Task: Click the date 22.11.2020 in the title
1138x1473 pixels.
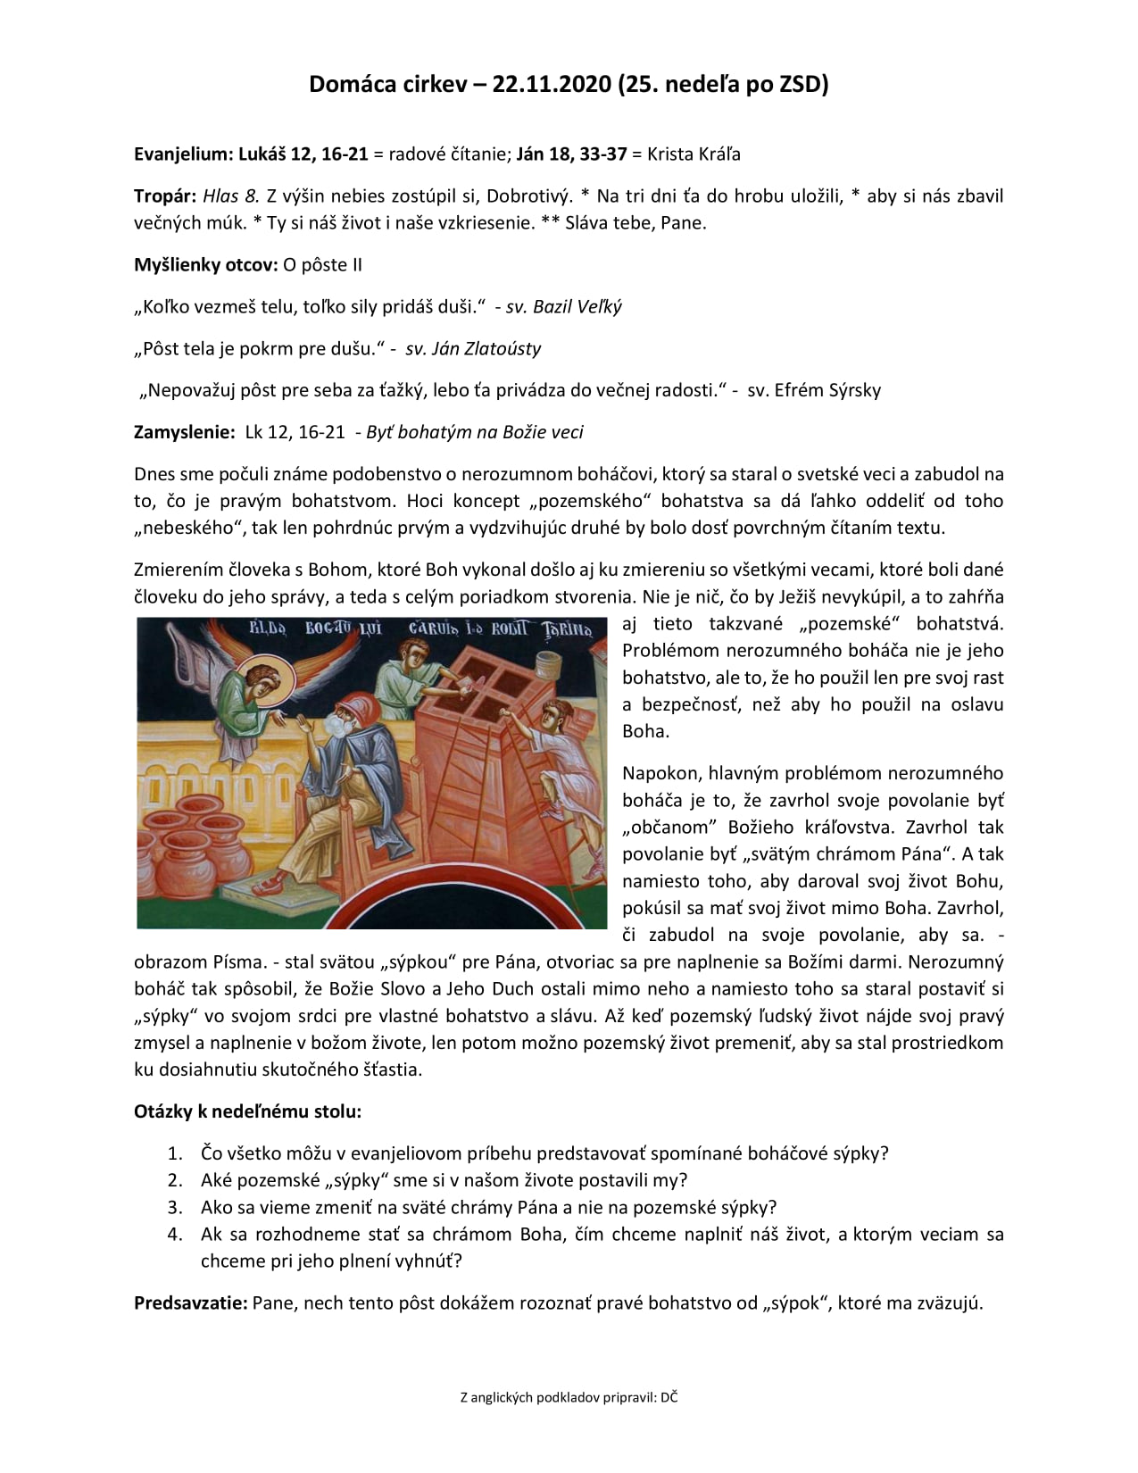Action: (552, 84)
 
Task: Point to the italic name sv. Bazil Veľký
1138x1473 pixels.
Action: (563, 306)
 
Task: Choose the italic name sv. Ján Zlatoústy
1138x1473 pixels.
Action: (473, 348)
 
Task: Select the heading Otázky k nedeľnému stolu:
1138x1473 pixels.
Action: (247, 1111)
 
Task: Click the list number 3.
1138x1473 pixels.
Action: (175, 1208)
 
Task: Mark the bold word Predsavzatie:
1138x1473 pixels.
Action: (190, 1302)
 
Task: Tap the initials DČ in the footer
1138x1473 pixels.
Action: (669, 1398)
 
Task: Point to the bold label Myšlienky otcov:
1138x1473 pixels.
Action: (205, 265)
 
